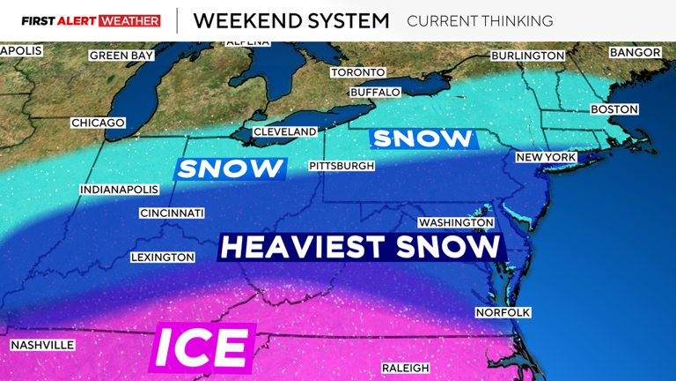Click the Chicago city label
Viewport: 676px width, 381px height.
pos(98,123)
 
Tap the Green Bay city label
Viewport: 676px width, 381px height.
pos(121,56)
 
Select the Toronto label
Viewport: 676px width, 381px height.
pos(357,72)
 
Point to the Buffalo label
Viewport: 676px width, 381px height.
pos(375,93)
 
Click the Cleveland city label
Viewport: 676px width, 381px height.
pos(284,131)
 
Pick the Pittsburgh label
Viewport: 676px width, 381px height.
pos(342,166)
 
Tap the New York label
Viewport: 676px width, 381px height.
pos(546,157)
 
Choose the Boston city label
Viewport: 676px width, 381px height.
pos(614,109)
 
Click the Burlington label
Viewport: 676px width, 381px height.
pos(527,56)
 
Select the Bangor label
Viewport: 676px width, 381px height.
pos(635,53)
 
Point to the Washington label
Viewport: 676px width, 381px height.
pos(456,223)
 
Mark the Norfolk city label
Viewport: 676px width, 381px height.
pos(503,312)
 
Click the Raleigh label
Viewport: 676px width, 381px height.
pos(405,368)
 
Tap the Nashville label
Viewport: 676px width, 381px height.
pos(42,345)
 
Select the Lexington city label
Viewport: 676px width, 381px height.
pos(162,258)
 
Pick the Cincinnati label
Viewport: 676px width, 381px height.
pos(172,213)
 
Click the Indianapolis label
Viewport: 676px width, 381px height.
pos(119,190)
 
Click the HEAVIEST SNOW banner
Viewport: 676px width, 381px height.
pos(361,246)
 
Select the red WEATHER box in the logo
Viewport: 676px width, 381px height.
pos(130,20)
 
